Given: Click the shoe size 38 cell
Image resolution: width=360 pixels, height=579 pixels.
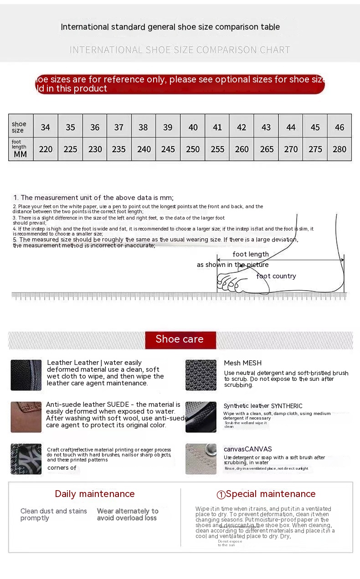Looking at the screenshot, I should [144, 127].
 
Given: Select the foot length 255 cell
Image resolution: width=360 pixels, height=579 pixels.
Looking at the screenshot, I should [217, 149].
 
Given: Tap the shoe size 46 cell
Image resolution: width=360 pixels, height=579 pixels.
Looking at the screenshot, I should [339, 127].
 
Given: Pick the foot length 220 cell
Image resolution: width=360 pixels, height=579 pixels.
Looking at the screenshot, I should [46, 149].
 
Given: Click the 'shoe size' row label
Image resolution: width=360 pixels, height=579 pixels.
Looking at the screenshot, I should [19, 127].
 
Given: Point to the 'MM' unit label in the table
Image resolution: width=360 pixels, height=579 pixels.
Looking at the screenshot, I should [20, 154].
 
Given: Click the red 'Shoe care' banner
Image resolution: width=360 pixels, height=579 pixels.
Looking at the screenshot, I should [180, 339].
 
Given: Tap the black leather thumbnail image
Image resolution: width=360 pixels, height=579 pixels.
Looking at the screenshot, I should [26, 375].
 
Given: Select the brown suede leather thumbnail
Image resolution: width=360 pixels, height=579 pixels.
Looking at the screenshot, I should [26, 417].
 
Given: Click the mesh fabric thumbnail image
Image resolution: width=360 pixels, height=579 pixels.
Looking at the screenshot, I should [201, 375].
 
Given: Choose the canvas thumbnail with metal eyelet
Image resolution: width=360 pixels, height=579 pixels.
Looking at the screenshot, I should [201, 459].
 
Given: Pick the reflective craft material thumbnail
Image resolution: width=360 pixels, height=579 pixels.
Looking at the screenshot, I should [26, 459].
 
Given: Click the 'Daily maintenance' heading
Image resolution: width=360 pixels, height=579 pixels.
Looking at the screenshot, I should [95, 494].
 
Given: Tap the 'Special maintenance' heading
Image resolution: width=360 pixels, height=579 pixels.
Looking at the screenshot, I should [266, 494].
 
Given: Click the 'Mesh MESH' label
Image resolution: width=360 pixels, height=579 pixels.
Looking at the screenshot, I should [243, 363].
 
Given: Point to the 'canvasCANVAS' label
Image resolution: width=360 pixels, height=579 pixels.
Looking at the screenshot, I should [248, 449].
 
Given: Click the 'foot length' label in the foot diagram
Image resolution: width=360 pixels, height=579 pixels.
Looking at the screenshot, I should [251, 254].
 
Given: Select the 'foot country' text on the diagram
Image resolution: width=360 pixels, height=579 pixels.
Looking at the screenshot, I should [276, 276].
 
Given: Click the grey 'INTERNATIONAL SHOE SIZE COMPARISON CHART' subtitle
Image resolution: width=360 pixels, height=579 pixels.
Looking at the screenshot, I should [180, 50].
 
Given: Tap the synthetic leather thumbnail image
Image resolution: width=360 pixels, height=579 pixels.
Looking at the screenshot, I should [201, 417].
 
